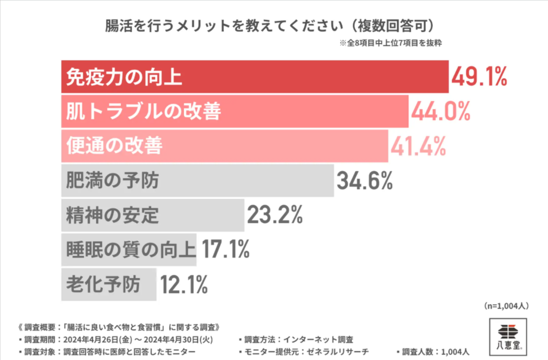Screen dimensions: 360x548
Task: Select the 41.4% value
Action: click(x=418, y=146)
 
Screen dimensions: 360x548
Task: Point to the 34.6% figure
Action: click(x=364, y=181)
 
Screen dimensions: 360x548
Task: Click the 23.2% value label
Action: click(x=275, y=215)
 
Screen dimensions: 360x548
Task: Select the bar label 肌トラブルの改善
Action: click(x=143, y=111)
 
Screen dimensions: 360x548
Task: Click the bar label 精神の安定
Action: click(x=112, y=216)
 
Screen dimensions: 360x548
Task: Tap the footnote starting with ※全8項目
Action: click(x=391, y=43)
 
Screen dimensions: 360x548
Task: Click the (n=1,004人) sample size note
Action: click(x=506, y=306)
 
